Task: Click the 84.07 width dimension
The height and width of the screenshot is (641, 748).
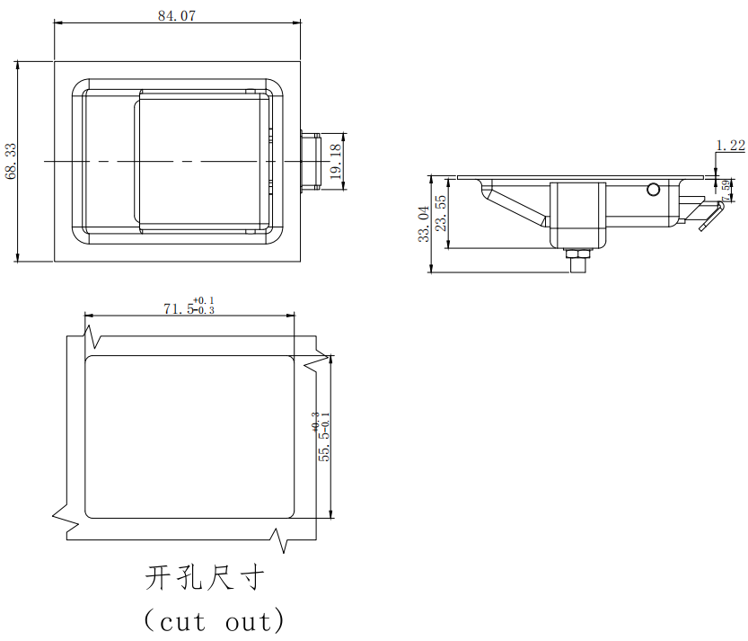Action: click(176, 14)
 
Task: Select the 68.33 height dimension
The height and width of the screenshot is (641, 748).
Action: click(11, 161)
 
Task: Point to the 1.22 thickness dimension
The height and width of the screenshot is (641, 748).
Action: click(730, 145)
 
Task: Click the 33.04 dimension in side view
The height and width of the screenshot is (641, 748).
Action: click(423, 224)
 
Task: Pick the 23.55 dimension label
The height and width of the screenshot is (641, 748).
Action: click(441, 213)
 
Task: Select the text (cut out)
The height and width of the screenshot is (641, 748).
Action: click(215, 620)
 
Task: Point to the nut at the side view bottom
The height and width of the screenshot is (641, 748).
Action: click(577, 260)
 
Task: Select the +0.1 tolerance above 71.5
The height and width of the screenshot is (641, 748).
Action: click(204, 299)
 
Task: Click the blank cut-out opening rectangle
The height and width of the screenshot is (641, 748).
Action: click(189, 436)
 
